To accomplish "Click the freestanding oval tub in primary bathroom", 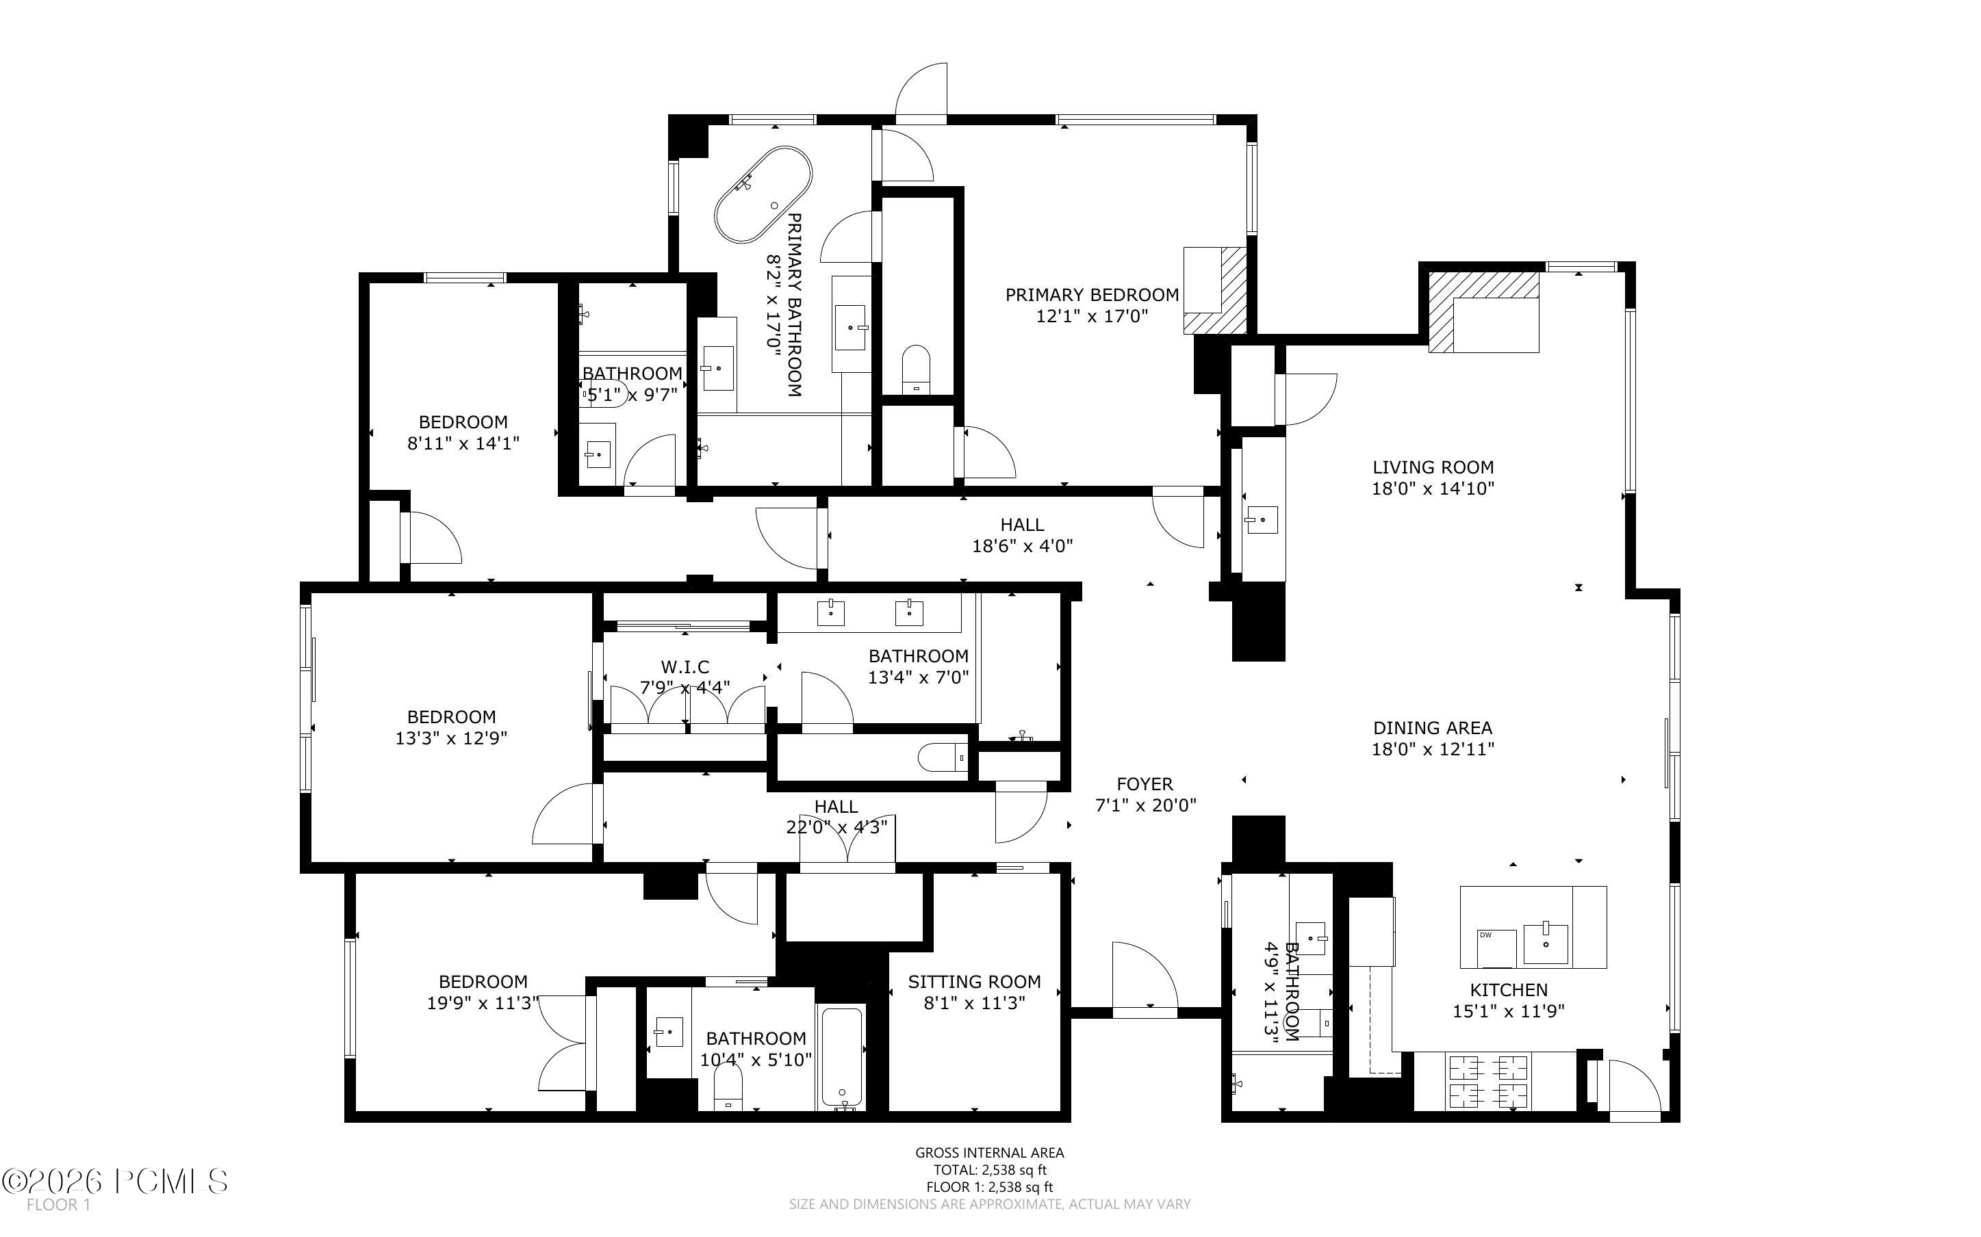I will (x=763, y=195).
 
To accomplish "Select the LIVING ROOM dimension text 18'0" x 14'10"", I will (x=1433, y=489).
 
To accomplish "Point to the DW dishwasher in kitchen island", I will (x=1496, y=947).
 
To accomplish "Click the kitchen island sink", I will (x=1546, y=944).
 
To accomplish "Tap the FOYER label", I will (x=1144, y=785).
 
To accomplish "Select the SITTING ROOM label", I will (x=973, y=982).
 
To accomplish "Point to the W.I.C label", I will (x=685, y=667).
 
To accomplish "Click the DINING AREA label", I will (x=1432, y=728).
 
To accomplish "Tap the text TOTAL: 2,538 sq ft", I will (x=989, y=1170).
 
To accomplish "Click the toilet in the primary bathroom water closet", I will (x=916, y=369).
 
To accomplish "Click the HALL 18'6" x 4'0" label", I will (x=1022, y=535).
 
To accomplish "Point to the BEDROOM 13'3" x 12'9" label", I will (x=451, y=727).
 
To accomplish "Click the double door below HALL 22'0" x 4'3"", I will (x=847, y=841).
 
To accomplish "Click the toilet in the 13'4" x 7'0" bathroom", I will (x=942, y=757).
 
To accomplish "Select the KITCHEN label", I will (x=1508, y=990).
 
